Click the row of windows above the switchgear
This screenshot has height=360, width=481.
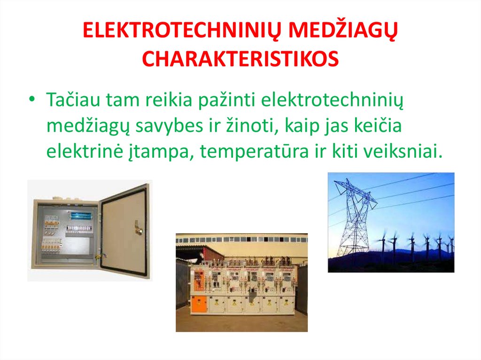click(241, 239)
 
